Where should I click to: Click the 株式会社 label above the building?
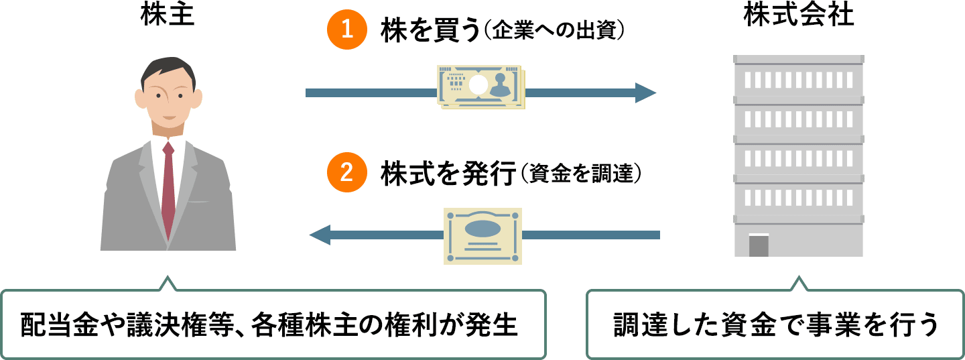click(x=799, y=15)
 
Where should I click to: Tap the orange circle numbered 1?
click(x=347, y=32)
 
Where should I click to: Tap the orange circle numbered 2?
click(x=347, y=173)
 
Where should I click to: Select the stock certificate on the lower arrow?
click(x=482, y=235)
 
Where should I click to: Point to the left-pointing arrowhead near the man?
click(x=320, y=235)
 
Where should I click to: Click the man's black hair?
click(x=168, y=66)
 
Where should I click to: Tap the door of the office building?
click(x=759, y=245)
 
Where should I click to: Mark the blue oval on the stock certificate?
click(x=482, y=227)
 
